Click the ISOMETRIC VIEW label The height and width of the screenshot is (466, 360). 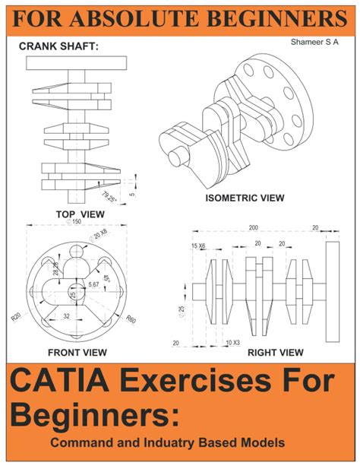[245, 198]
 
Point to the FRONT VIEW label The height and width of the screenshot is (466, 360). [77, 352]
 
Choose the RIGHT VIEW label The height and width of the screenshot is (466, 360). [276, 352]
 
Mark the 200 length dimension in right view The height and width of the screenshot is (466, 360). [253, 228]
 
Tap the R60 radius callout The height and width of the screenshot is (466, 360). [131, 319]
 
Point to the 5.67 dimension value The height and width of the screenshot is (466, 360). [93, 284]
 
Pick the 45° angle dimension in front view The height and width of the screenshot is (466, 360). [107, 279]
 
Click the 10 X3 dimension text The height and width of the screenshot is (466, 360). [233, 343]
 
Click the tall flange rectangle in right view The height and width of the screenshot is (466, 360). [332, 293]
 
